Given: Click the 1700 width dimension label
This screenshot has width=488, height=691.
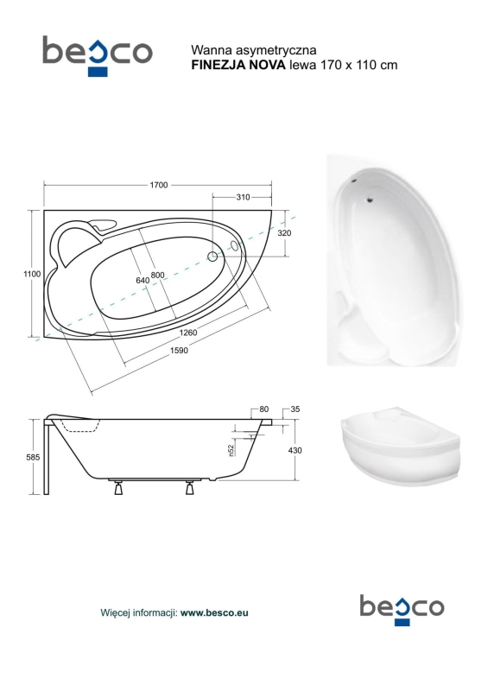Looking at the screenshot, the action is (x=159, y=185).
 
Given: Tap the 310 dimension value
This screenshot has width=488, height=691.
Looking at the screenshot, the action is (x=243, y=198).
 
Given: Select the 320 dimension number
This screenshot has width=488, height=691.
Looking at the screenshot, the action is (x=284, y=233).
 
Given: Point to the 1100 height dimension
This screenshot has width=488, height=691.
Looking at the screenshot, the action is (x=32, y=274).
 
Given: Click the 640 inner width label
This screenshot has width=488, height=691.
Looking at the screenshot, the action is (x=143, y=280).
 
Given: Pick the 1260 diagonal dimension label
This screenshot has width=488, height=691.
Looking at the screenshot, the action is (x=188, y=333).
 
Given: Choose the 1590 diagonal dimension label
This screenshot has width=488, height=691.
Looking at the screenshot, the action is (x=179, y=351).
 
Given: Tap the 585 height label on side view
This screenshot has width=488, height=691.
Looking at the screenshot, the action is (x=33, y=458).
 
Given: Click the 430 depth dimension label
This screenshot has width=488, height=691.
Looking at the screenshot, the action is (x=295, y=450).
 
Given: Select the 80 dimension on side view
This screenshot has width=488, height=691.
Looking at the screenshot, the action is (x=263, y=409).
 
